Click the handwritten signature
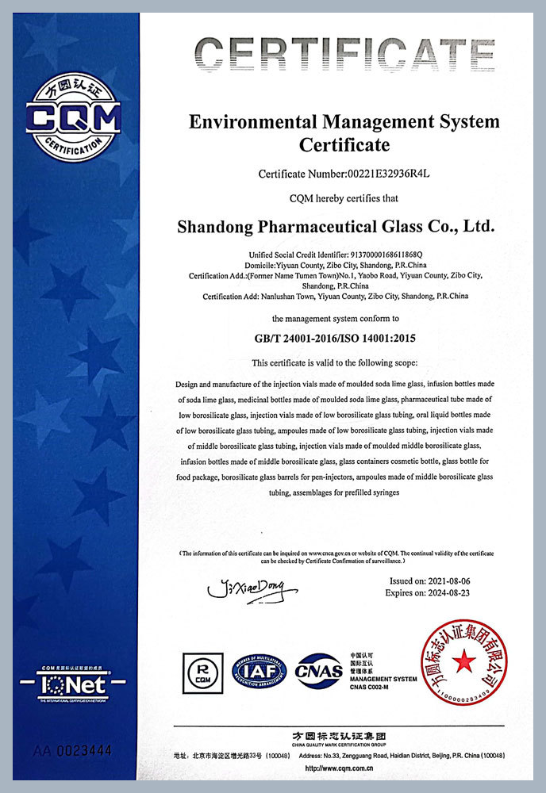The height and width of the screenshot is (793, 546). [x=252, y=588]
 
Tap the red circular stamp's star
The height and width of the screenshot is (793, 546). [x=463, y=660]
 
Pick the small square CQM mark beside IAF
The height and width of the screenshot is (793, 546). [x=203, y=672]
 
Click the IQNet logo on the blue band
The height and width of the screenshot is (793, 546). [x=72, y=682]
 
